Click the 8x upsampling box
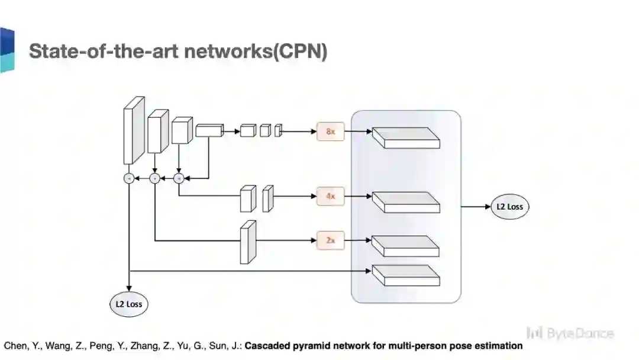[330, 131]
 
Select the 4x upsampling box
[330, 195]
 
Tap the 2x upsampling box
[330, 240]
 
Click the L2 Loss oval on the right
[510, 207]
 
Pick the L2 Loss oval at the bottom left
[128, 304]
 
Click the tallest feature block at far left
[133, 130]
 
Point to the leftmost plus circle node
[128, 178]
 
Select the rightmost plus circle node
[179, 178]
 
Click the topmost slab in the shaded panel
[406, 138]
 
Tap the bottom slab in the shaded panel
[406, 275]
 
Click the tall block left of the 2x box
[247, 242]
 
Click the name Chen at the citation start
[15, 346]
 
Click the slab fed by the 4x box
[406, 202]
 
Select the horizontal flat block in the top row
[208, 130]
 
